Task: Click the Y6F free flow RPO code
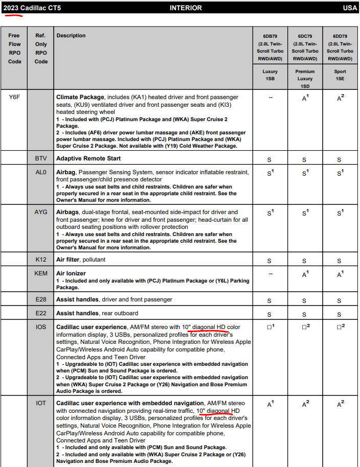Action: point(14,96)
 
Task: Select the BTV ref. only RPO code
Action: point(41,158)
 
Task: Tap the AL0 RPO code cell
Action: point(41,172)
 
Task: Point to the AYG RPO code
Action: point(41,212)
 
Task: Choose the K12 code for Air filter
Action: point(41,260)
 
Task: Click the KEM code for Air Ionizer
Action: point(41,273)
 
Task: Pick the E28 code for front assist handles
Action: point(41,299)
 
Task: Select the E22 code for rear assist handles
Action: point(41,313)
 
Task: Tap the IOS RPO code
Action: point(41,327)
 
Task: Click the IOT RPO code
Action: point(41,403)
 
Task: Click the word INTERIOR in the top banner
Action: point(186,8)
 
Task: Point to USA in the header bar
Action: point(350,8)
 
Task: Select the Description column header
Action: point(71,36)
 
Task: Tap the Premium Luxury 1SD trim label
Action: point(305,79)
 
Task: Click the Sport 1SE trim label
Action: point(340,75)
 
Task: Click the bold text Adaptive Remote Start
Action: point(88,158)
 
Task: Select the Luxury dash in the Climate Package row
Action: point(270,97)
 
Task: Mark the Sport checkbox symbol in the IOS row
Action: point(339,327)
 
